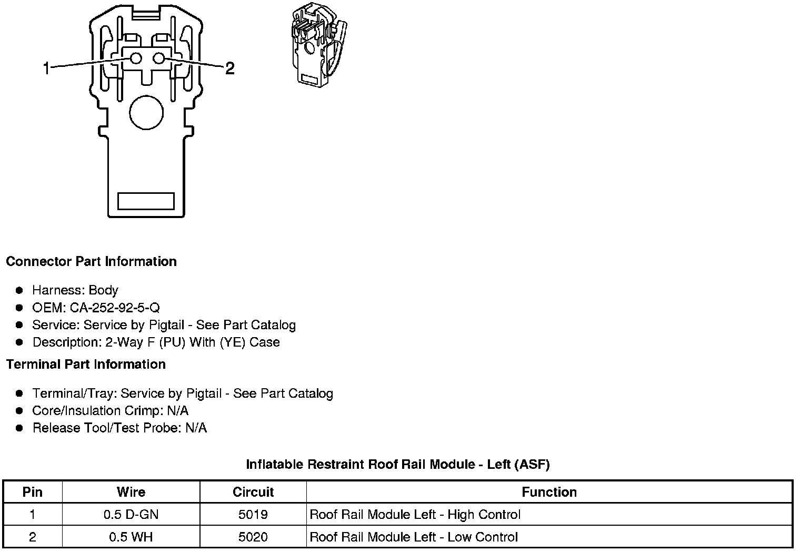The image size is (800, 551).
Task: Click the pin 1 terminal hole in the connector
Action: pyautogui.click(x=136, y=58)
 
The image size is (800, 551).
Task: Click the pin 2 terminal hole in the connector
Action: pyautogui.click(x=158, y=58)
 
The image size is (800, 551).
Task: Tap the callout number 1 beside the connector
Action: pyautogui.click(x=46, y=68)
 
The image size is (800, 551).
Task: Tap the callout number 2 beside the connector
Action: pyautogui.click(x=229, y=68)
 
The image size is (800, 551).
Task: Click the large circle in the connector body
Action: pyautogui.click(x=146, y=112)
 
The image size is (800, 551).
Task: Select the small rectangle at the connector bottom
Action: pyautogui.click(x=146, y=201)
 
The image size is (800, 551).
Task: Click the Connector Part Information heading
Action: pyautogui.click(x=91, y=262)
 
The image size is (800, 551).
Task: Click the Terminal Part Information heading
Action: pyautogui.click(x=86, y=365)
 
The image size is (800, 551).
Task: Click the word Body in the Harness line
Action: pyautogui.click(x=103, y=290)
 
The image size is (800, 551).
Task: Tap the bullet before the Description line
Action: pyautogui.click(x=19, y=342)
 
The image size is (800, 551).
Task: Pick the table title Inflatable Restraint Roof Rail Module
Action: pyautogui.click(x=397, y=465)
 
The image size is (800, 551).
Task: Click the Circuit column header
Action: pyautogui.click(x=253, y=492)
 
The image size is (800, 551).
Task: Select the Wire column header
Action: pyautogui.click(x=131, y=492)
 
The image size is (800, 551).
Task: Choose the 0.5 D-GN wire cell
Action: pyautogui.click(x=131, y=515)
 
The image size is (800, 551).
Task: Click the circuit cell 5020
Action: pyautogui.click(x=253, y=537)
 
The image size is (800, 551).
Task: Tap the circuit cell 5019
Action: pyautogui.click(x=253, y=515)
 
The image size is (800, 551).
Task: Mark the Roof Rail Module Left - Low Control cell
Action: pyautogui.click(x=414, y=537)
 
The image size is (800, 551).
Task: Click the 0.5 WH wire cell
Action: pyautogui.click(x=131, y=537)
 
